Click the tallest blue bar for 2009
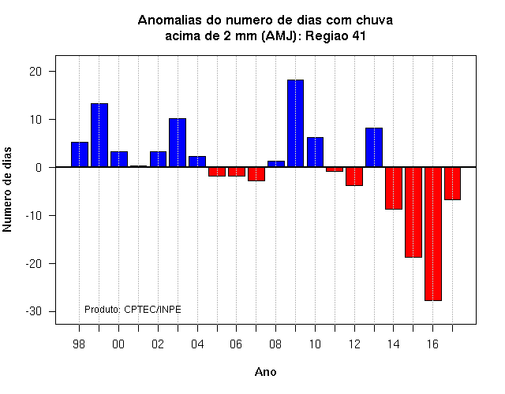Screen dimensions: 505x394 (x=295, y=123)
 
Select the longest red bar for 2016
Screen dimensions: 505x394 (x=433, y=234)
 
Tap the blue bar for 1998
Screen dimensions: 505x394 (x=80, y=154)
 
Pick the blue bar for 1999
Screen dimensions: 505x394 (x=99, y=135)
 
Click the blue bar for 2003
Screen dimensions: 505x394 (x=178, y=143)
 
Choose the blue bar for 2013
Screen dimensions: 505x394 (x=374, y=147)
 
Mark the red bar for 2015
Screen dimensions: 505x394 (x=413, y=212)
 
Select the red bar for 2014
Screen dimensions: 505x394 (x=394, y=188)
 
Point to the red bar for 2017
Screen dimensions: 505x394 (x=452, y=184)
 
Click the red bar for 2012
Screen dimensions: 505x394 (x=354, y=177)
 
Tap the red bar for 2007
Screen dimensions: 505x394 (x=256, y=174)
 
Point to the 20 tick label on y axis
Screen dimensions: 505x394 (x=36, y=72)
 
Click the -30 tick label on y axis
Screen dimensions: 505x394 (x=34, y=311)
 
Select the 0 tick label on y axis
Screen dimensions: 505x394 (x=39, y=168)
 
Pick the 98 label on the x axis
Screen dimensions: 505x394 (x=79, y=344)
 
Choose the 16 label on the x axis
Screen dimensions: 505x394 (x=432, y=344)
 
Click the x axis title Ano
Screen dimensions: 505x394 (x=265, y=372)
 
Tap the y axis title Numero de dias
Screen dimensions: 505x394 (x=7, y=189)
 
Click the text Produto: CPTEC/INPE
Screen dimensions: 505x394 (x=133, y=310)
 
